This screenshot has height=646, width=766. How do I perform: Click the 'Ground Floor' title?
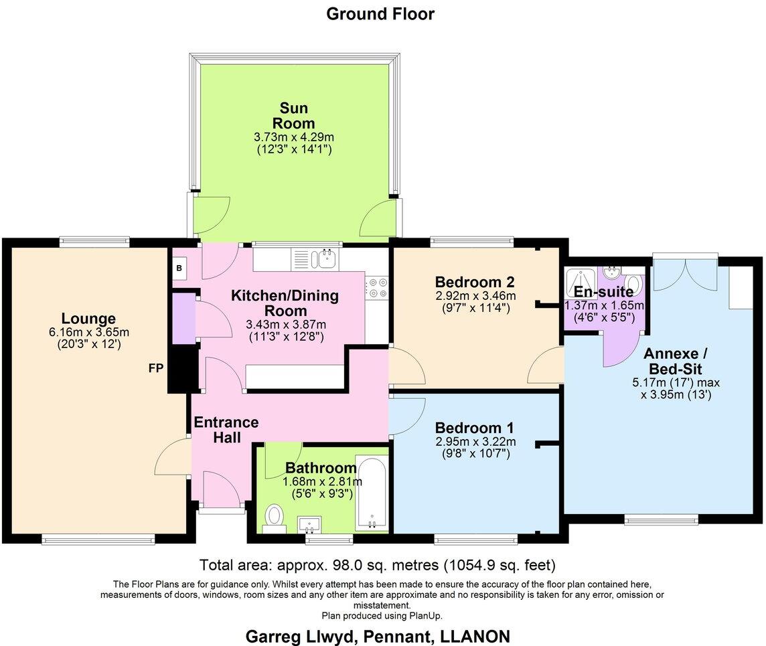[380, 13]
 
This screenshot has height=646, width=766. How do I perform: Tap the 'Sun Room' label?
[293, 115]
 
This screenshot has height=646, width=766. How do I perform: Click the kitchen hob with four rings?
[376, 289]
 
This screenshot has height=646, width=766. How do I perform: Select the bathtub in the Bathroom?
[371, 492]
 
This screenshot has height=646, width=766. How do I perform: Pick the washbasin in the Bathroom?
[310, 522]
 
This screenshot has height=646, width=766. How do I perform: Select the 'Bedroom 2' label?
[475, 282]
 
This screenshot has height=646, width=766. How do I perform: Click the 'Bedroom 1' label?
[475, 428]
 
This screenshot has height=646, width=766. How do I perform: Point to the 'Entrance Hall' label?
[226, 430]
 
